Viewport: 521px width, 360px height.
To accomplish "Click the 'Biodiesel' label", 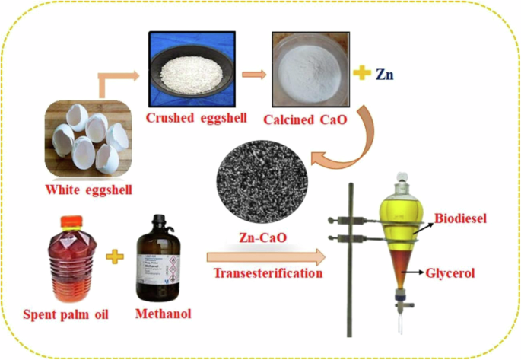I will (461, 221).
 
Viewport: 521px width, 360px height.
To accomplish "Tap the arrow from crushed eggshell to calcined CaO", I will (253, 74).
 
